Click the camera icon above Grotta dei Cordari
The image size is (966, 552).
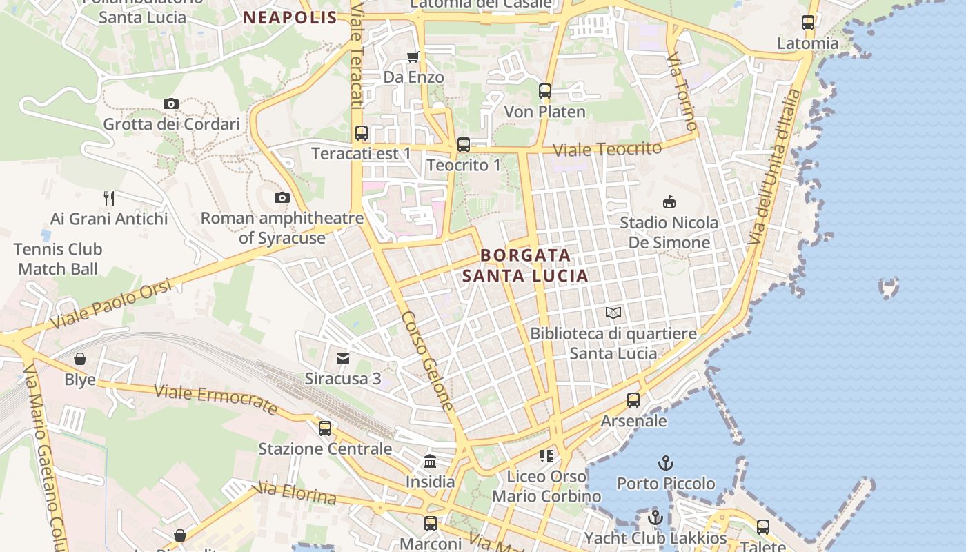coord(171,104)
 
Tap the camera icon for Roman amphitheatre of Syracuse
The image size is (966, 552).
coord(282,198)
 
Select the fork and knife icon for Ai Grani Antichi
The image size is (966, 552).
coord(108,199)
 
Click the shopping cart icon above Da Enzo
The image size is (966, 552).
coord(413,57)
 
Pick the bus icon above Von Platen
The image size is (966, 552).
coord(545,90)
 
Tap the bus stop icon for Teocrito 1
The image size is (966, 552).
coord(464,145)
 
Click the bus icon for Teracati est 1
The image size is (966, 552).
coord(362,133)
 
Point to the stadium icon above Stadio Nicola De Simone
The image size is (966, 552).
coord(669,202)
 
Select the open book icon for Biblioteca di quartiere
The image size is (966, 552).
coord(613,313)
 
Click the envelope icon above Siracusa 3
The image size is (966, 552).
coord(343,358)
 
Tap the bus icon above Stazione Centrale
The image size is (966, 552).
coord(325,428)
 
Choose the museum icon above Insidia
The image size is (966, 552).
coord(430,461)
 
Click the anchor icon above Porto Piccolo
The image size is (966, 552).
coord(666,463)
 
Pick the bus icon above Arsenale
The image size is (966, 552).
coord(633,400)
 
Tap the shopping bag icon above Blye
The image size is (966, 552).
coord(80,359)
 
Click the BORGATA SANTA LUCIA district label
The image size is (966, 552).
coord(526,266)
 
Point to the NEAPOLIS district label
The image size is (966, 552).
coord(290,18)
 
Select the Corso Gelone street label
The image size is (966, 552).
coord(428,361)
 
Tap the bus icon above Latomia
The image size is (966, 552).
coord(808,23)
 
